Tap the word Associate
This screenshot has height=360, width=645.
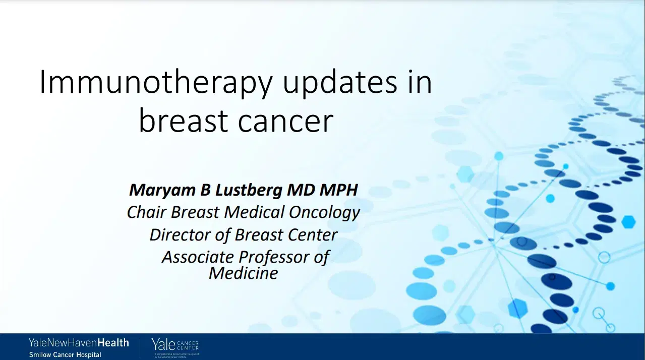pos(198,257)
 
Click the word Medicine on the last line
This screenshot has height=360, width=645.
pos(243,273)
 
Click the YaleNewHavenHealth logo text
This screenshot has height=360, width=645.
pos(79,343)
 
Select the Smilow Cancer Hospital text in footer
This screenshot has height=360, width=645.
pos(65,354)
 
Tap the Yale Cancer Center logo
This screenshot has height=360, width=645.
pos(175,346)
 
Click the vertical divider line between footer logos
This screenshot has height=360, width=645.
pos(140,348)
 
